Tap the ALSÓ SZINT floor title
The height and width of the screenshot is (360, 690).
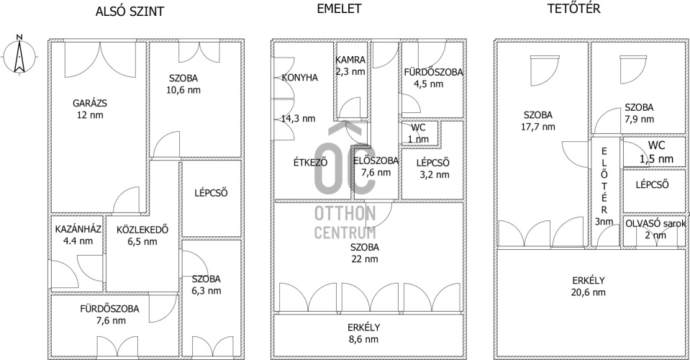pos(130,12)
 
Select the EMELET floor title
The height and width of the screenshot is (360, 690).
pos(340,9)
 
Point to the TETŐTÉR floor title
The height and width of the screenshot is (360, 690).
pos(574,9)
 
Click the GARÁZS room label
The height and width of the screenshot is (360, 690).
pos(90,104)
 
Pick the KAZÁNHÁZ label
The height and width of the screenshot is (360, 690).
pos(78,229)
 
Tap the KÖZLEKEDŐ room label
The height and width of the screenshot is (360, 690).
pos(142,230)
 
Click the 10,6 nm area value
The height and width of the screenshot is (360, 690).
pos(183,90)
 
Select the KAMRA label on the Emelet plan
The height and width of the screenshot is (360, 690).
pos(350,60)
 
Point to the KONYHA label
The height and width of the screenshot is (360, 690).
pos(300,78)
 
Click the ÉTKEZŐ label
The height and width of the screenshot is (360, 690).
pos(311,162)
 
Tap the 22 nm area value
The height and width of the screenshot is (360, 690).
pos(365,259)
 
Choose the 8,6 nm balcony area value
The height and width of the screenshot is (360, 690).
pos(363,339)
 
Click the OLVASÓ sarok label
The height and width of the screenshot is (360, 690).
pos(655,224)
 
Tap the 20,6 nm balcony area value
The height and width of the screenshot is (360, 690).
pos(589,292)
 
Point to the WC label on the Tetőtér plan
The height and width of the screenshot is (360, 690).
pos(656,145)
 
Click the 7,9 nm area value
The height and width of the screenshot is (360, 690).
pos(640,120)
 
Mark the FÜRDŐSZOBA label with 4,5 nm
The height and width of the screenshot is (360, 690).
pos(433,72)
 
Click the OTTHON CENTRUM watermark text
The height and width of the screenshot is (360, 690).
pos(345,222)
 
